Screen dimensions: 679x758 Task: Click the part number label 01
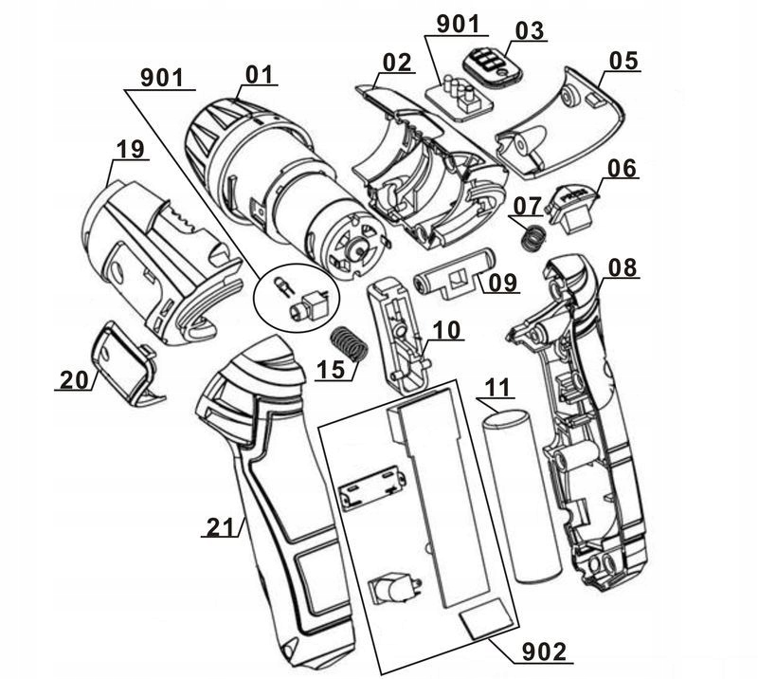[x=259, y=73]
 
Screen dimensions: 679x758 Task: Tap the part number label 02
[x=396, y=64]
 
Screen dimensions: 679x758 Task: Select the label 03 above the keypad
[x=530, y=30]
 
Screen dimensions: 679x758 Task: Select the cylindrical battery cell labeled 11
[x=519, y=493]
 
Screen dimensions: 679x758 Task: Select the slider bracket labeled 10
[x=399, y=333]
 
